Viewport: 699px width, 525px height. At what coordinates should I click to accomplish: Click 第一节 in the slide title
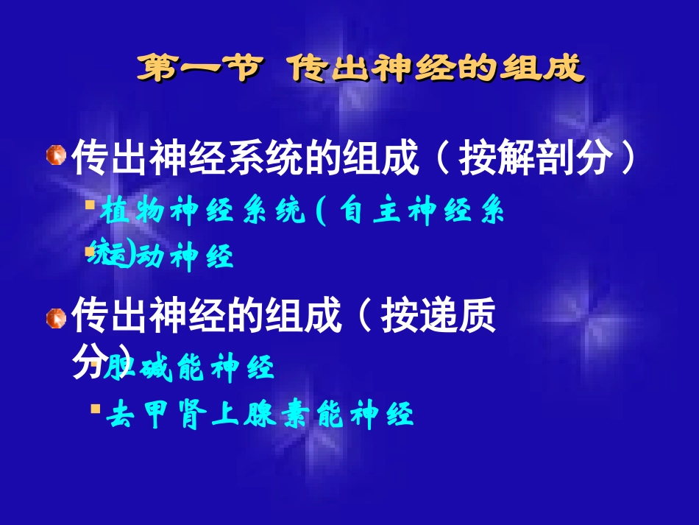tap(199, 68)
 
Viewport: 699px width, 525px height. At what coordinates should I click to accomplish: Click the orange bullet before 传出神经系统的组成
tap(56, 156)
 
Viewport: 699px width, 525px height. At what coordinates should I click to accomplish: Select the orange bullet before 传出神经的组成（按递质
tap(56, 318)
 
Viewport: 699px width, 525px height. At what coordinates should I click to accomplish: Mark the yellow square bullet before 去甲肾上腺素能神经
tap(95, 406)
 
